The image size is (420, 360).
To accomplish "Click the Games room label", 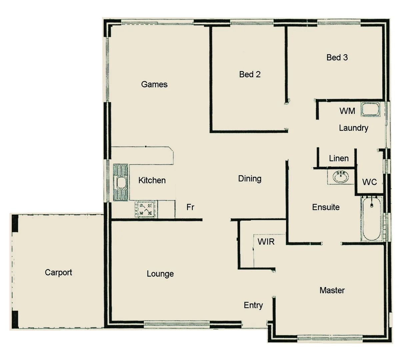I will pyautogui.click(x=154, y=84).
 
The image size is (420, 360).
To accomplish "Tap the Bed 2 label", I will pyautogui.click(x=250, y=74).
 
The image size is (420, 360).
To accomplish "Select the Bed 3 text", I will pyautogui.click(x=337, y=58).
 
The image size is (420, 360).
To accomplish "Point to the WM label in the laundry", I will pyautogui.click(x=347, y=111).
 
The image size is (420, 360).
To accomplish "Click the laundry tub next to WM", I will pyautogui.click(x=371, y=109).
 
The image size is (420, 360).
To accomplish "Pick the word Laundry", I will pyautogui.click(x=353, y=128).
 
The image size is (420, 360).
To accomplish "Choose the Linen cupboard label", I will pyautogui.click(x=339, y=158).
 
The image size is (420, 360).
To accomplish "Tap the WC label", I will pyautogui.click(x=369, y=182).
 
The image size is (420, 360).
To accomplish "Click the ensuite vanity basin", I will pyautogui.click(x=341, y=177).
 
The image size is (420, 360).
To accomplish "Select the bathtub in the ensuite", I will pyautogui.click(x=371, y=219).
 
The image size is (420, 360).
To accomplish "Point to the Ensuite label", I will pyautogui.click(x=326, y=207).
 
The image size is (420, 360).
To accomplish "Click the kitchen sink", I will pyautogui.click(x=121, y=182).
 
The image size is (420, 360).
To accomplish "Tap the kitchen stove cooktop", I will pyautogui.click(x=145, y=209).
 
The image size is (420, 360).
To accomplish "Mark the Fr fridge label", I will pyautogui.click(x=190, y=207).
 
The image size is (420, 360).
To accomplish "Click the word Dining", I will pyautogui.click(x=250, y=179).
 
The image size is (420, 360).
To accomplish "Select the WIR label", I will pyautogui.click(x=266, y=242).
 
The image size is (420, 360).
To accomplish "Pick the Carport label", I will pyautogui.click(x=58, y=273).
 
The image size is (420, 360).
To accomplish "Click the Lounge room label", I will pyautogui.click(x=160, y=274).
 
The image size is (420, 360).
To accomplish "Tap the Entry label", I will pyautogui.click(x=253, y=305).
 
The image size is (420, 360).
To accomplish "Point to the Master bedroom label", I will pyautogui.click(x=332, y=290).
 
